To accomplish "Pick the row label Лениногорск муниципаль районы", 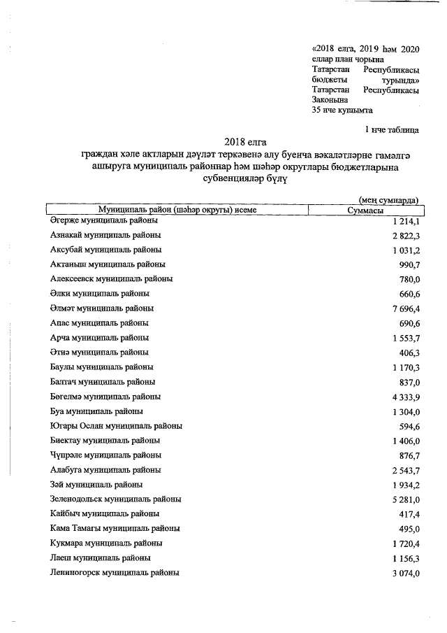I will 115,573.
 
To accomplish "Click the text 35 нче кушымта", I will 342,110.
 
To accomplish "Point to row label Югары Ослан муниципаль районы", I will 117,426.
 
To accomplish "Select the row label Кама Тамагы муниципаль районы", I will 115,529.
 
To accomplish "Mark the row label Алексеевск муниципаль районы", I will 112,279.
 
